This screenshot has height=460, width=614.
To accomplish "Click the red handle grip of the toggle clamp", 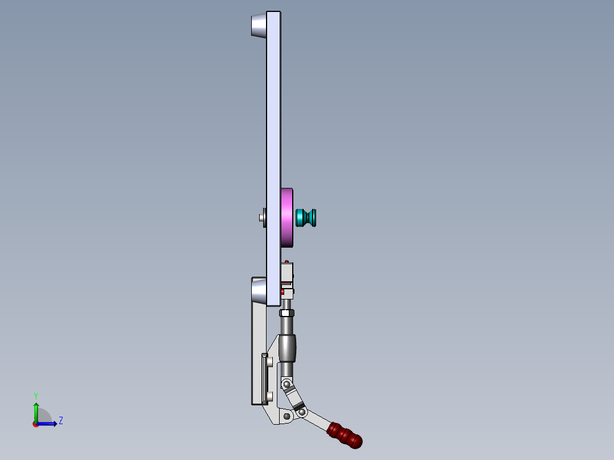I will click(345, 434).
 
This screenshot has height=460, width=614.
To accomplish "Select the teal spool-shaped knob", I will click(306, 217).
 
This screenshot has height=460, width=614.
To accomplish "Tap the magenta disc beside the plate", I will click(287, 217).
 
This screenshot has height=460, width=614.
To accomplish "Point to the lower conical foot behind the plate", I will click(259, 291).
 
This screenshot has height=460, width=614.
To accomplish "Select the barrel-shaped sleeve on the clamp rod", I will click(288, 348).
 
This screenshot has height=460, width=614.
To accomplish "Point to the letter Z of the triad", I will click(60, 421).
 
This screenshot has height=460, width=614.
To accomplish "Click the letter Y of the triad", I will click(35, 395).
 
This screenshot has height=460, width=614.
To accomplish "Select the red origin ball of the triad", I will click(35, 424).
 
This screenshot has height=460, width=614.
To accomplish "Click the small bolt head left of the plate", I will click(261, 217).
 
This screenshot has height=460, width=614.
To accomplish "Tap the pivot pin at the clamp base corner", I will click(286, 417).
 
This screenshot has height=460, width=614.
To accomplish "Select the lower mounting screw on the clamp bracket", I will click(269, 396).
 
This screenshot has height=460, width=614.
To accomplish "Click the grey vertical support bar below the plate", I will click(258, 353).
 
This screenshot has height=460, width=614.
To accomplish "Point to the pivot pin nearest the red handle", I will click(302, 410).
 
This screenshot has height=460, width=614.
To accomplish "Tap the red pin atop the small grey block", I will click(285, 261).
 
